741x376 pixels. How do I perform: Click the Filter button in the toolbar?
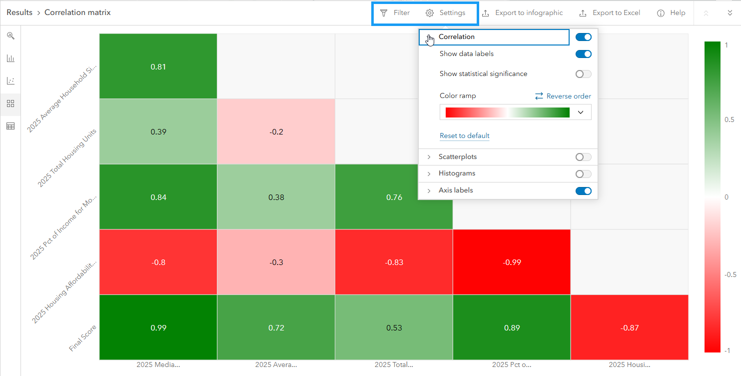pyautogui.click(x=395, y=13)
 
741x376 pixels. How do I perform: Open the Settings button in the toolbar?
pyautogui.click(x=446, y=13)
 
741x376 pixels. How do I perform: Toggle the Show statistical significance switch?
pyautogui.click(x=583, y=74)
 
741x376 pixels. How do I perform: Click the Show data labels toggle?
pyautogui.click(x=583, y=54)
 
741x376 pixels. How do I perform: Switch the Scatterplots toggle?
pyautogui.click(x=583, y=157)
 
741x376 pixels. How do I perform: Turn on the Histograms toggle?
pyautogui.click(x=583, y=174)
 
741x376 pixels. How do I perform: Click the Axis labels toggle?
pyautogui.click(x=583, y=190)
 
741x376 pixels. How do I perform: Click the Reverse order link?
pyautogui.click(x=563, y=96)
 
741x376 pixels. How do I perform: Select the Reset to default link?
pyautogui.click(x=464, y=136)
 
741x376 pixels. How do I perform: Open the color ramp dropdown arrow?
pyautogui.click(x=580, y=112)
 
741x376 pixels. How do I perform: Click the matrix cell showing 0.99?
pyautogui.click(x=158, y=327)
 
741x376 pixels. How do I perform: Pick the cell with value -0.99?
pyautogui.click(x=512, y=262)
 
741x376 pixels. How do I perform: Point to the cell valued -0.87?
pyautogui.click(x=630, y=327)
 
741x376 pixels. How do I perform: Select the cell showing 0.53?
pyautogui.click(x=394, y=327)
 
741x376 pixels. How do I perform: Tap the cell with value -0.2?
pyautogui.click(x=276, y=131)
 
